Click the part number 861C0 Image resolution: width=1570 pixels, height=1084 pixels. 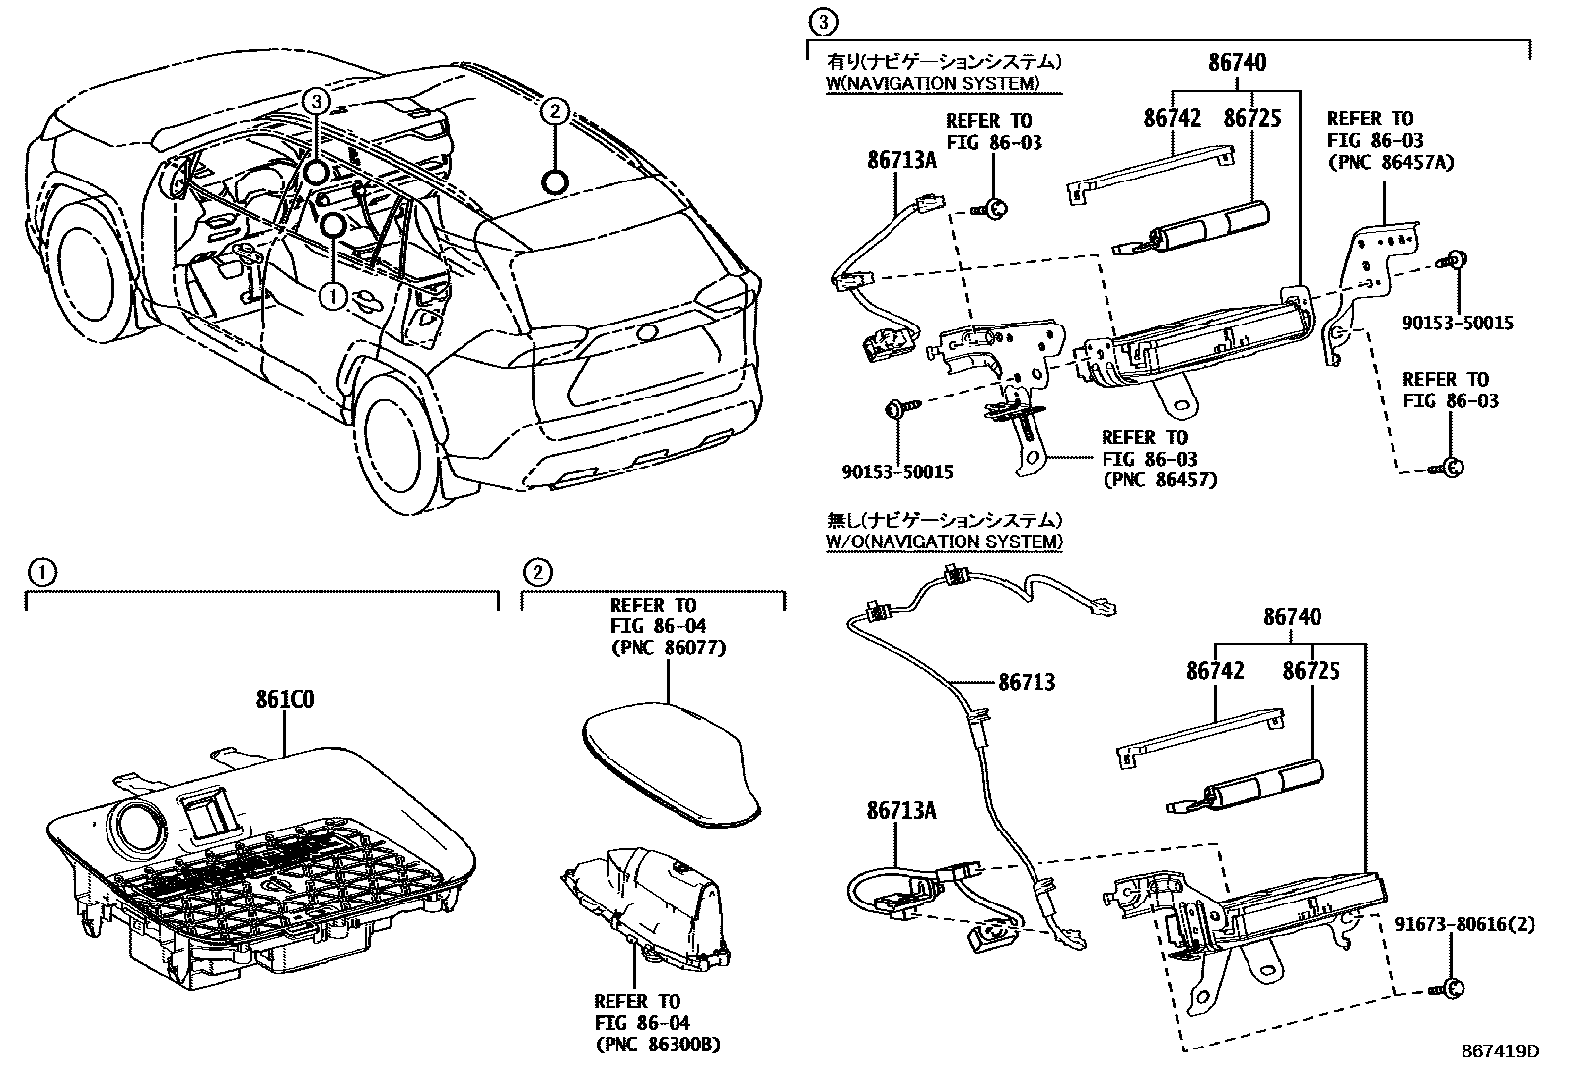[x=285, y=701]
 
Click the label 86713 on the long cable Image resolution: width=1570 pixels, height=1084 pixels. [x=1026, y=682]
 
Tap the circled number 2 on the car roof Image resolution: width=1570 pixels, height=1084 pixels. [x=555, y=111]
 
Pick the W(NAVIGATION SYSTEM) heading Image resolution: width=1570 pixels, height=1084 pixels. [x=933, y=83]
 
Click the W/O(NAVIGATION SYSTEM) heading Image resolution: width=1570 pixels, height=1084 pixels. [x=945, y=542]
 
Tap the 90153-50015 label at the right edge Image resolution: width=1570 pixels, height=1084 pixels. [x=1458, y=323]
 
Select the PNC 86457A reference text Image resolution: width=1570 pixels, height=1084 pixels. [x=1391, y=162]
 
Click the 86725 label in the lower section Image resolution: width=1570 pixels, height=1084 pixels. [x=1311, y=671]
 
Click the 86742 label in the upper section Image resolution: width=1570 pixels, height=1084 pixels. [x=1173, y=118]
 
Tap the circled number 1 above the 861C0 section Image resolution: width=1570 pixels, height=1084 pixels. [x=41, y=571]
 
